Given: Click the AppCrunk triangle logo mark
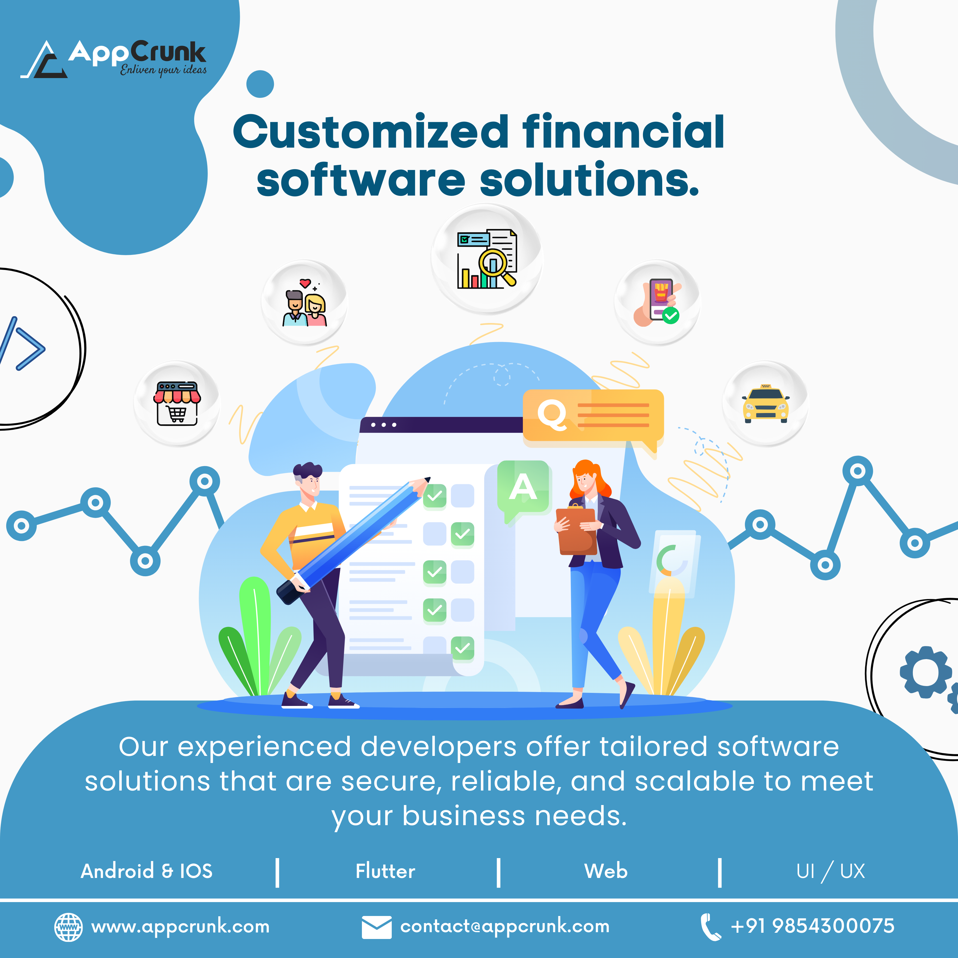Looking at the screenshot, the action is click(44, 60).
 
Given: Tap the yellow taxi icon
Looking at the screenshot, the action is click(766, 404).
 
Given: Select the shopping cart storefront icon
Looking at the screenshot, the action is click(177, 404).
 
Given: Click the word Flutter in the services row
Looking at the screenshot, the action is click(385, 871).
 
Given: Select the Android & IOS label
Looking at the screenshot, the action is click(147, 871).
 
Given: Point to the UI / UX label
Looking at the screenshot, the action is click(831, 871).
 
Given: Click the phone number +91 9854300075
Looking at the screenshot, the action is click(813, 926).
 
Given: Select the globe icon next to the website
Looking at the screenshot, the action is click(68, 927).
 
